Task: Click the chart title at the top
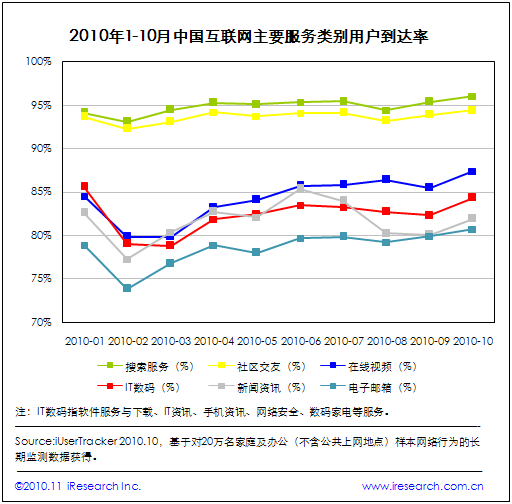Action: pyautogui.click(x=249, y=36)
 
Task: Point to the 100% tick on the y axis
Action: pyautogui.click(x=39, y=61)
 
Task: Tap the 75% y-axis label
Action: pyautogui.click(x=41, y=278)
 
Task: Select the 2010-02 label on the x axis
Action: pyautogui.click(x=128, y=341)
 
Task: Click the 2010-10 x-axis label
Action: pyautogui.click(x=473, y=341)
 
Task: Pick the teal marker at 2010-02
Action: pyautogui.click(x=127, y=288)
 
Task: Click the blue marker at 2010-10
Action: pyautogui.click(x=472, y=172)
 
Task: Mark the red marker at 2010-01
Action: pyautogui.click(x=84, y=186)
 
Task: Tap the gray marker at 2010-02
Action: pyautogui.click(x=127, y=259)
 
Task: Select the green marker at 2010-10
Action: pyautogui.click(x=472, y=97)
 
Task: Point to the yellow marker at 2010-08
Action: pyautogui.click(x=386, y=120)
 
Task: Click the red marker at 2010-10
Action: pyautogui.click(x=472, y=197)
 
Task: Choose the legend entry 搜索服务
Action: pyautogui.click(x=145, y=367)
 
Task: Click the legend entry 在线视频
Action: pyautogui.click(x=368, y=367)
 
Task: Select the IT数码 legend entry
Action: pyautogui.click(x=138, y=387)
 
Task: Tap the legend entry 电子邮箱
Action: pyautogui.click(x=368, y=387)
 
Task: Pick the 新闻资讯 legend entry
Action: pyautogui.click(x=257, y=387)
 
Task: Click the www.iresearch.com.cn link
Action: pyautogui.click(x=423, y=486)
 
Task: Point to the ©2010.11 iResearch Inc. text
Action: pyautogui.click(x=78, y=486)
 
